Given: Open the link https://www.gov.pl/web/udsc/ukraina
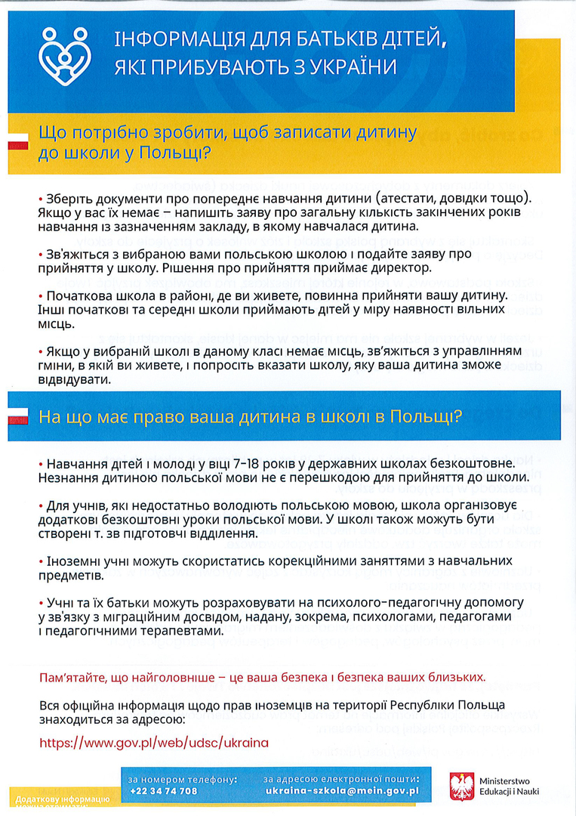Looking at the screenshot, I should [153, 742].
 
